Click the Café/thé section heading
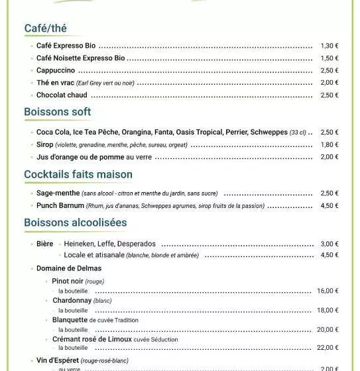tap(45, 28)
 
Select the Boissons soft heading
tap(57, 112)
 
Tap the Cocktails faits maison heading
tap(78, 174)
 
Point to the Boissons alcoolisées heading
tap(75, 223)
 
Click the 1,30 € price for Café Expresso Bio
tap(330, 46)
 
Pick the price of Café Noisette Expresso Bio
tap(330, 58)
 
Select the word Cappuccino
tap(56, 70)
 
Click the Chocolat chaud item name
tap(62, 95)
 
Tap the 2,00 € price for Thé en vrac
tap(330, 83)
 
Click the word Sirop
tap(44, 144)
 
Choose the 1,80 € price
tap(330, 144)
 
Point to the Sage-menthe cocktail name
tap(58, 193)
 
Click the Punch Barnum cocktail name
tap(60, 205)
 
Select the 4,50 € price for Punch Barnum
tap(330, 205)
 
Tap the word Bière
tap(44, 244)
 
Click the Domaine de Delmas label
tap(69, 268)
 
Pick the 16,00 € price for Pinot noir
tap(328, 291)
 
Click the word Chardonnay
tap(72, 300)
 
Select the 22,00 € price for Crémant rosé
tap(328, 348)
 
